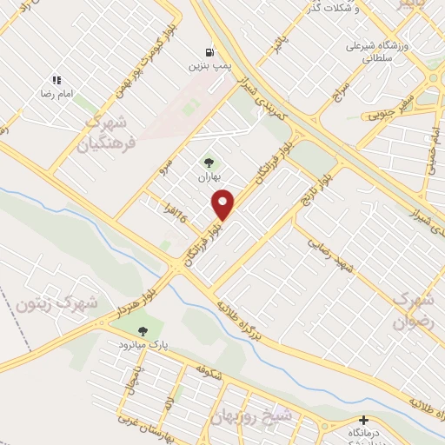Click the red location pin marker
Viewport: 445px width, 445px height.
click(x=223, y=205)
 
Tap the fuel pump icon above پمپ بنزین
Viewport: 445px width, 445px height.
click(x=209, y=52)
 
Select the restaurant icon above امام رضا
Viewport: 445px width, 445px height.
click(x=56, y=80)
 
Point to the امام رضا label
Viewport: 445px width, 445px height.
click(x=55, y=93)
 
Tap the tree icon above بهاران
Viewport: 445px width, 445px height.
click(x=208, y=162)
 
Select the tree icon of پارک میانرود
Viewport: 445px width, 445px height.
click(x=143, y=330)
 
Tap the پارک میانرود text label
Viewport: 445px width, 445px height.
click(x=143, y=345)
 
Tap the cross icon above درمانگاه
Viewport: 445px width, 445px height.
click(x=363, y=420)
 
